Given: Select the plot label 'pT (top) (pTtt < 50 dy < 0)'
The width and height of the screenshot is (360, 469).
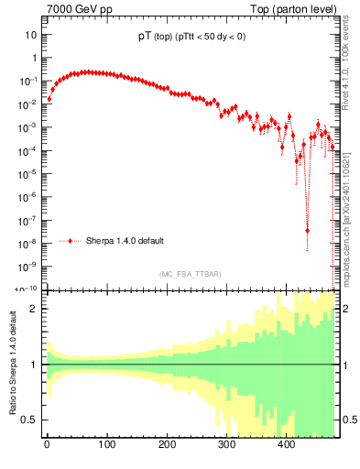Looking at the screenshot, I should point(186,38).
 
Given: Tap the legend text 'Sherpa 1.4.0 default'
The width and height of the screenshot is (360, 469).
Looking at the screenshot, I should point(125,241).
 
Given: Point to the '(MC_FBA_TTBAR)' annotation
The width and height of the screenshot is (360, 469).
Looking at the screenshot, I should point(187,274).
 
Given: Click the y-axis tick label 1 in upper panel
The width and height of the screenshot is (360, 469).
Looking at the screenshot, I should point(33,58).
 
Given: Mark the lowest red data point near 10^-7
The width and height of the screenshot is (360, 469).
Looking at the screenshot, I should point(307,231).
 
